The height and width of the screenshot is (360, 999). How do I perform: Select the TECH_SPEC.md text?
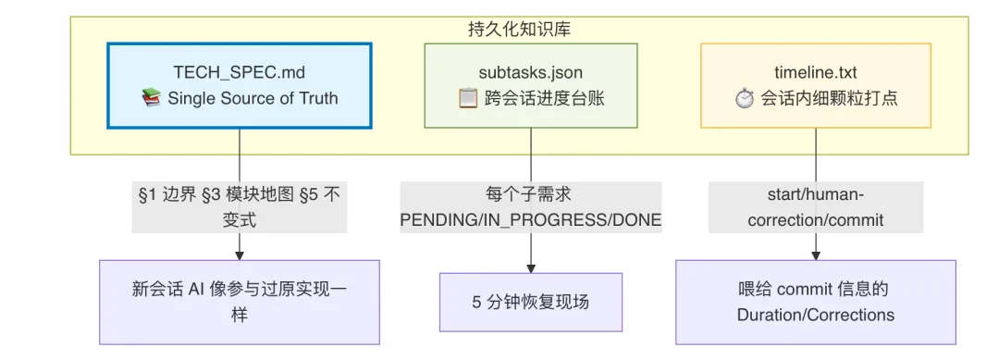point(240,72)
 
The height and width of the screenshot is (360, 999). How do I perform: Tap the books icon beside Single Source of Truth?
point(151,99)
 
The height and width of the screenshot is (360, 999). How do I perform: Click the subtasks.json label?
point(531,72)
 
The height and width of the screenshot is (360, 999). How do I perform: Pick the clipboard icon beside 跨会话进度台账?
point(468,99)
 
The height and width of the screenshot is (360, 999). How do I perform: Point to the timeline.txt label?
point(816,72)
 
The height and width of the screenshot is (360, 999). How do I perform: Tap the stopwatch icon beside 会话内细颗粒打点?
point(744,99)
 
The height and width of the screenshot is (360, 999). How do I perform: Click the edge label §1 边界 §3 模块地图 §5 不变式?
point(240,207)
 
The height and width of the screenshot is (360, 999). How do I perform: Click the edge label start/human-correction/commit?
point(816,207)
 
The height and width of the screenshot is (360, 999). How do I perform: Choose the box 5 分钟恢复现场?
point(531,302)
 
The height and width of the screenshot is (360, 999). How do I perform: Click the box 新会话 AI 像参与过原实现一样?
point(240,302)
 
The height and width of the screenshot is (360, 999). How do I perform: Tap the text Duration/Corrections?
point(816,315)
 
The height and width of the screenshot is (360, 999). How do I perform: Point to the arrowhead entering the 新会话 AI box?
point(240,254)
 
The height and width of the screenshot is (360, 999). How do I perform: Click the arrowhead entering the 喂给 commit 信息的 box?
point(816,254)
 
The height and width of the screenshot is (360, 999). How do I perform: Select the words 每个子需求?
point(531,195)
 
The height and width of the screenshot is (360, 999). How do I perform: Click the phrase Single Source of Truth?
point(253,99)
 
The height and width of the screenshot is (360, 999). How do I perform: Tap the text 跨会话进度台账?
point(545,99)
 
